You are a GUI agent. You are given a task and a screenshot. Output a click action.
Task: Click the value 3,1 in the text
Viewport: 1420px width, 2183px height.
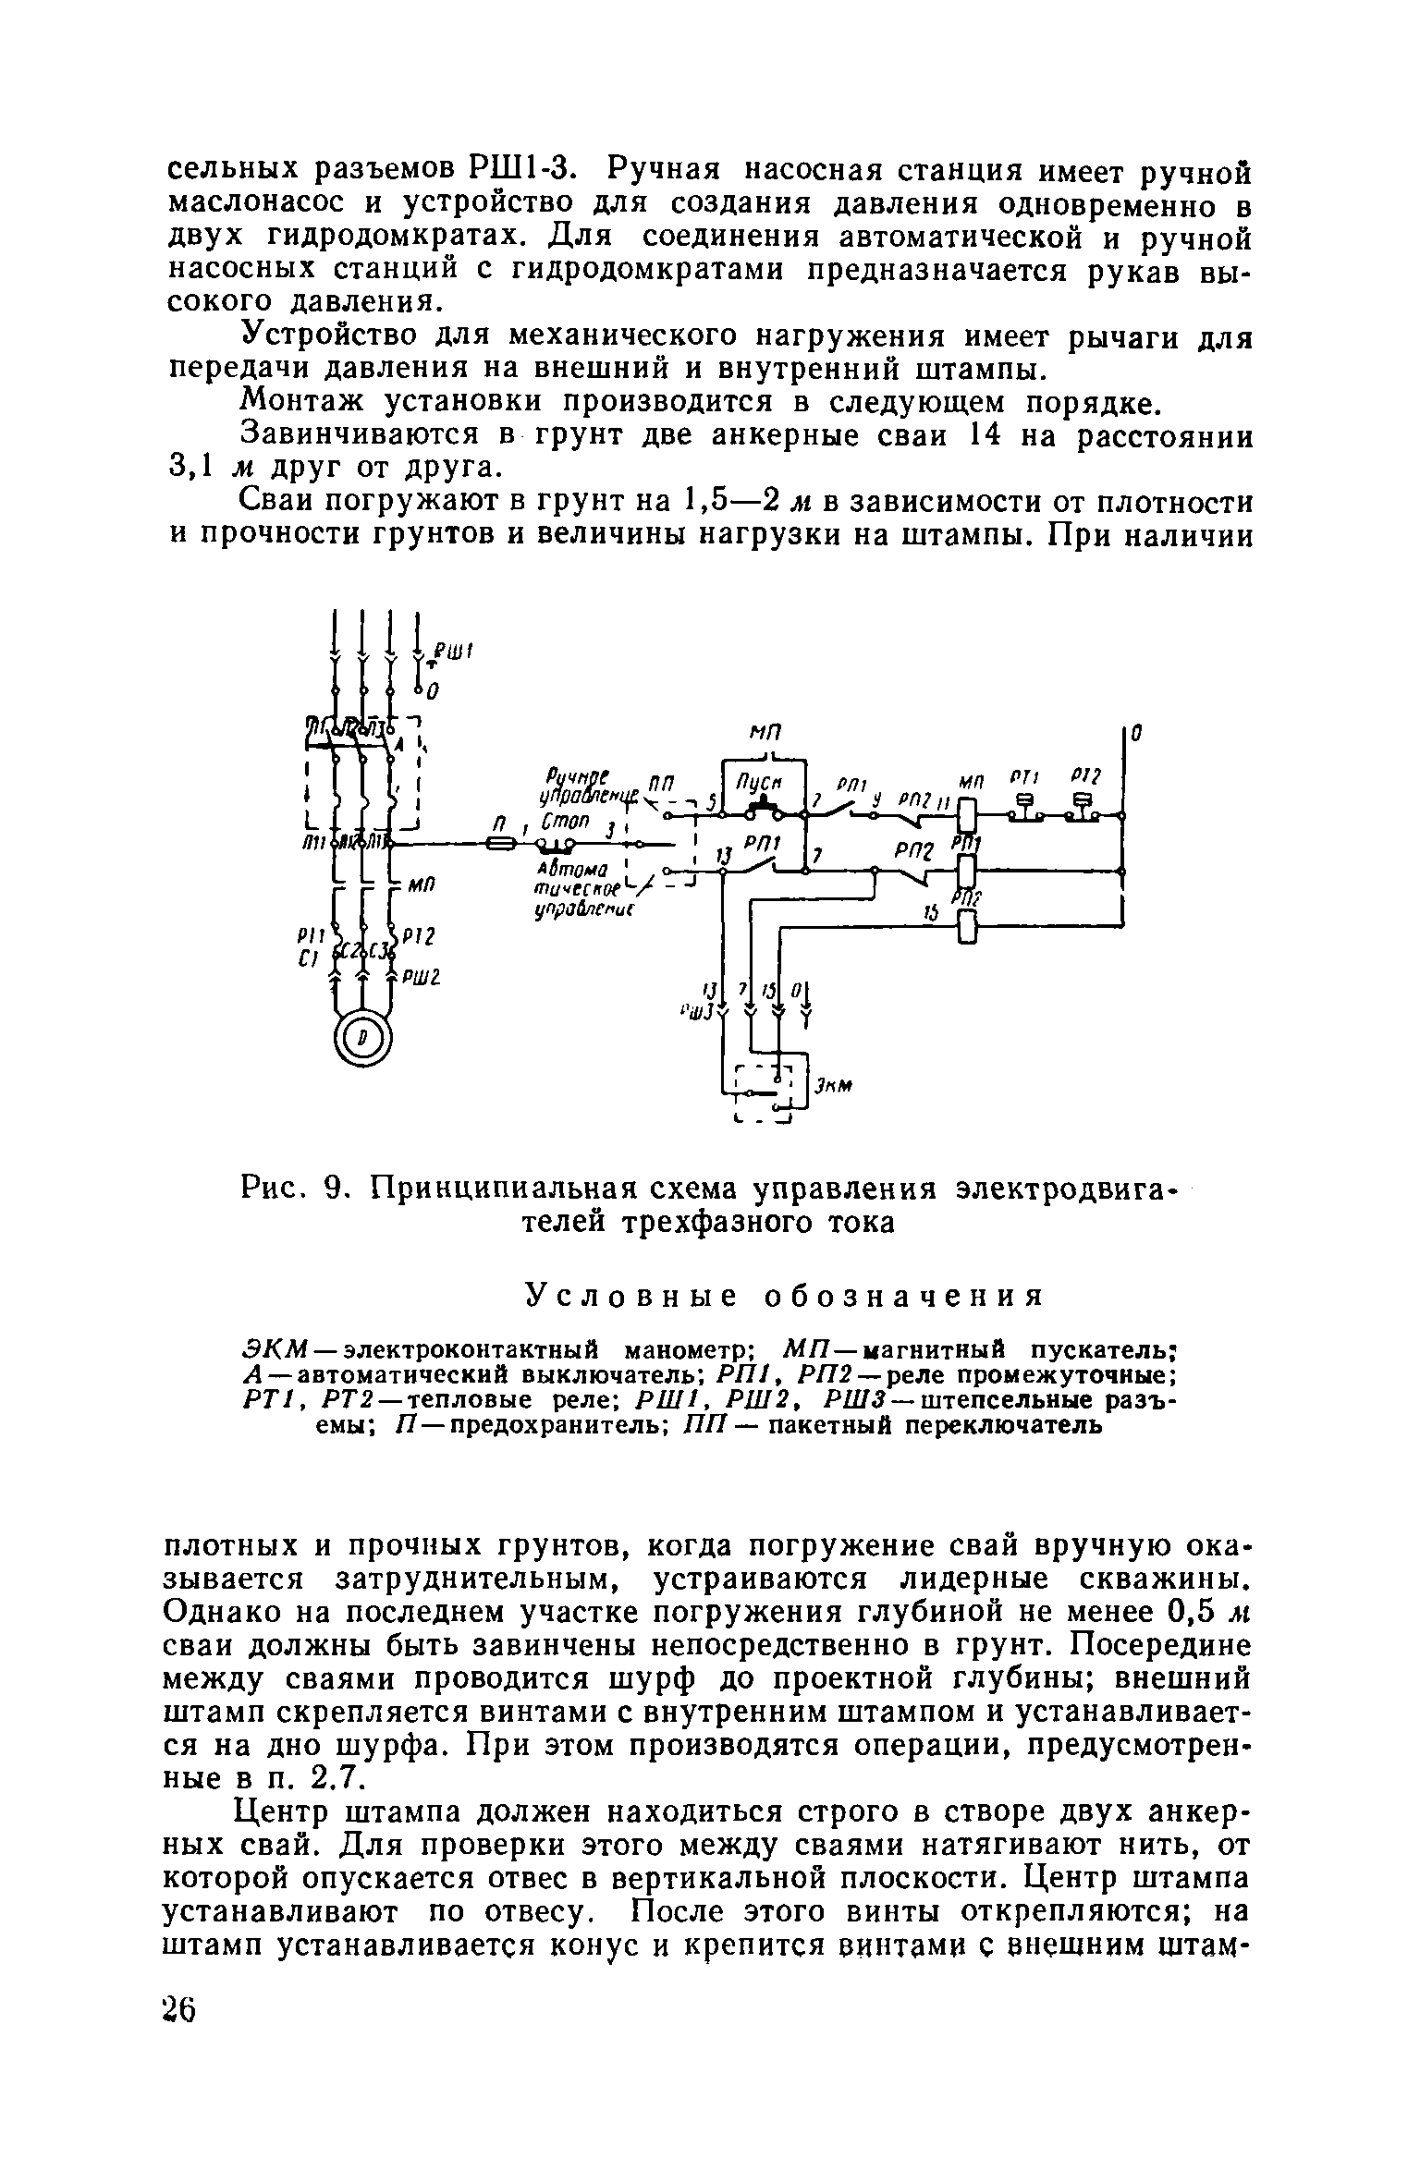tap(191, 468)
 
